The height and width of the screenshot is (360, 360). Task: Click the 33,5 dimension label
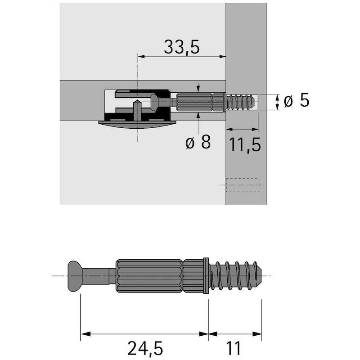coord(182,47)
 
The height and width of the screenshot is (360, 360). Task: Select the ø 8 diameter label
coord(198,142)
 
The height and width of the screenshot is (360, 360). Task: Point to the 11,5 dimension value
coord(245,145)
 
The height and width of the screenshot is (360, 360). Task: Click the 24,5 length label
coord(145,348)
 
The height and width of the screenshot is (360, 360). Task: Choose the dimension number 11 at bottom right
coord(234,348)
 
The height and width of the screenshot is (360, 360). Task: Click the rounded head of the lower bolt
coord(75,276)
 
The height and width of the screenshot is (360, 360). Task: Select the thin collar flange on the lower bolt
coord(206,276)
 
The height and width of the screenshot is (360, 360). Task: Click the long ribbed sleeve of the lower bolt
coord(149,276)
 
